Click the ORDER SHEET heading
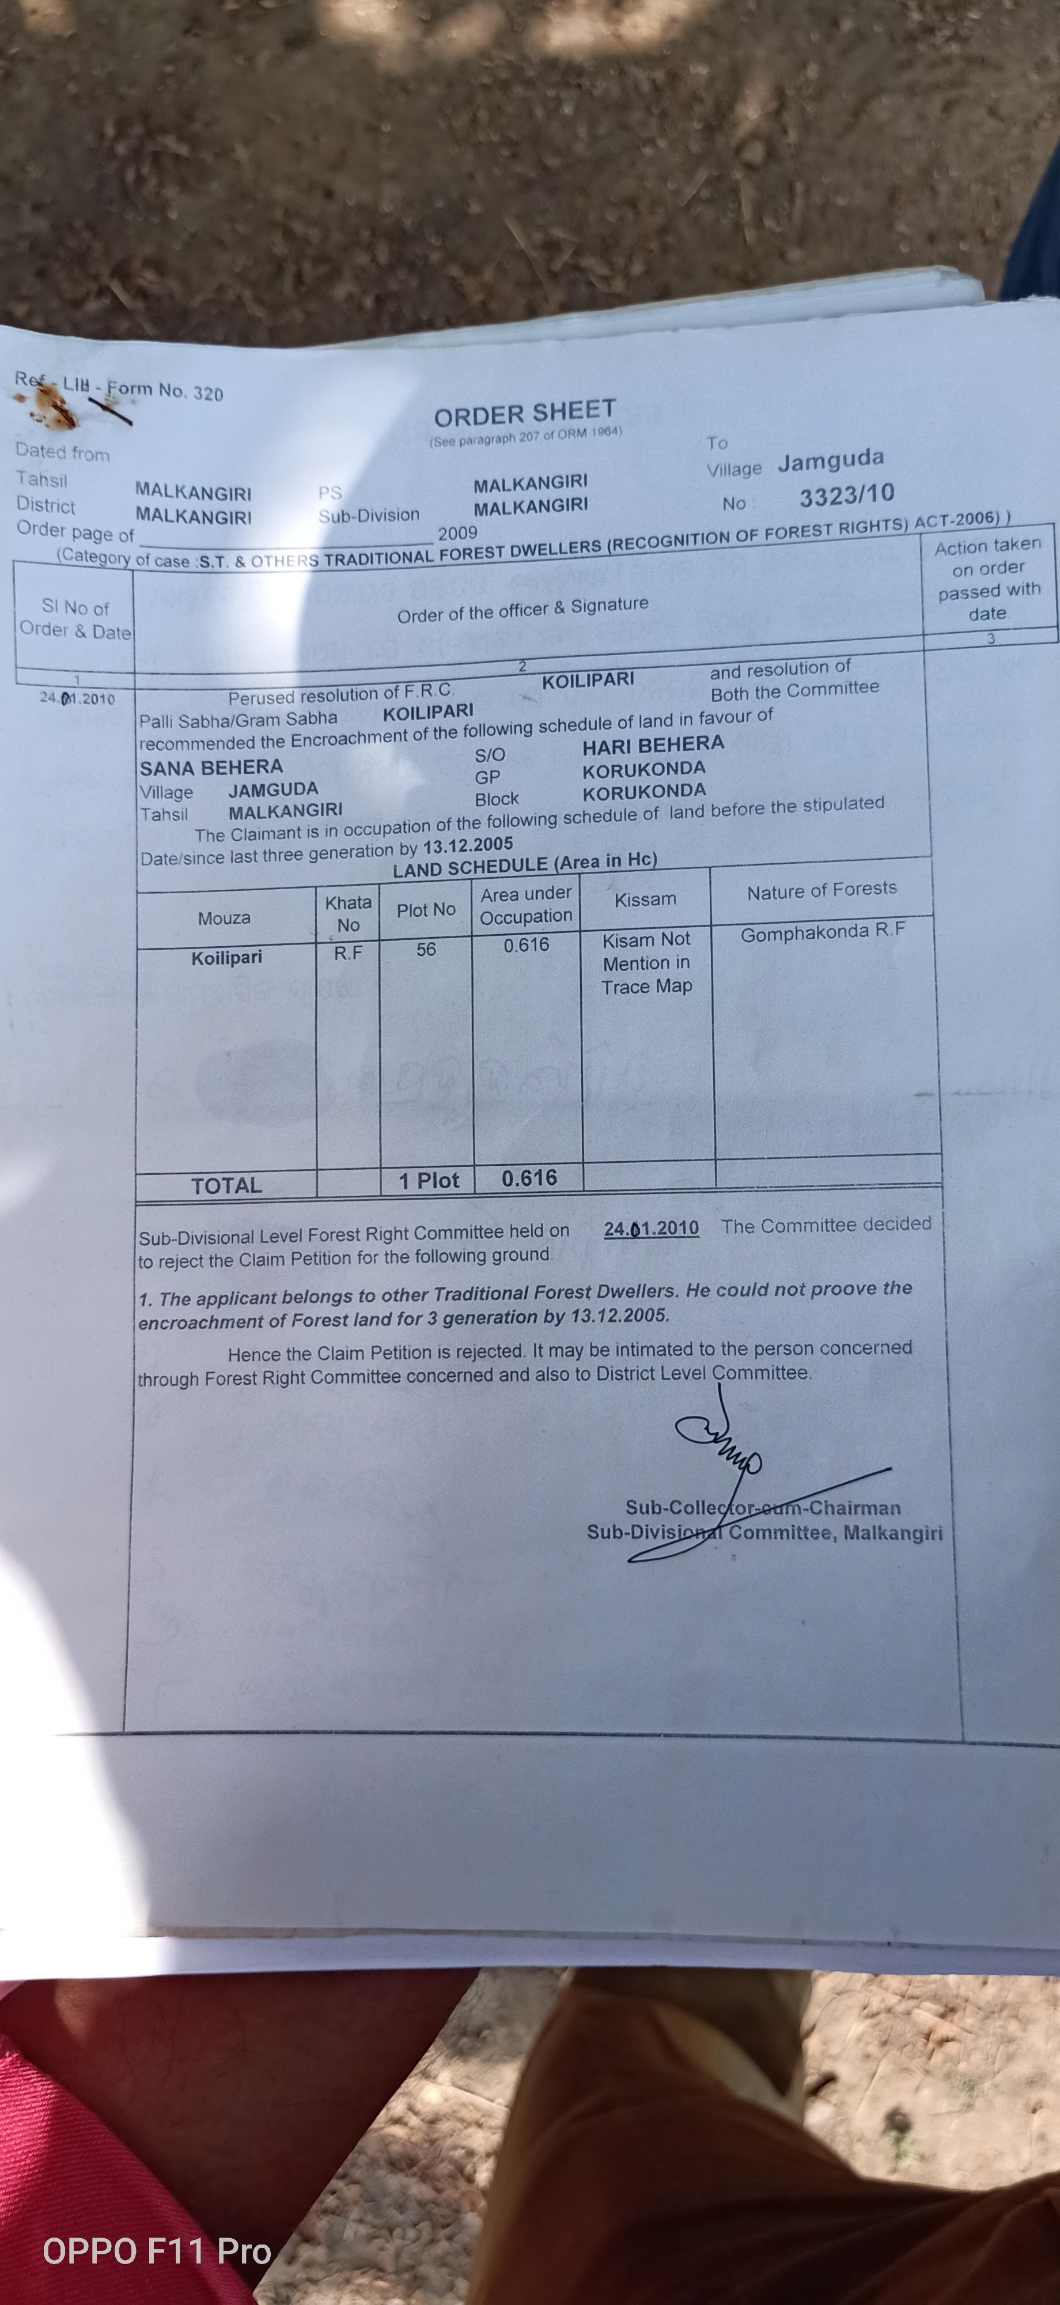click(x=525, y=413)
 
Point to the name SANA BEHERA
click(x=211, y=767)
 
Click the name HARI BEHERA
click(x=653, y=745)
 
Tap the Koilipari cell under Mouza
click(x=226, y=957)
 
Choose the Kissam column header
click(x=645, y=900)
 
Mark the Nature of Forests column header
click(x=821, y=889)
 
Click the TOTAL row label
click(x=226, y=1185)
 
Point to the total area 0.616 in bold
click(x=529, y=1178)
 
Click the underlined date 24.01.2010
click(x=651, y=1227)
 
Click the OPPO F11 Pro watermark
click(x=157, y=2250)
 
